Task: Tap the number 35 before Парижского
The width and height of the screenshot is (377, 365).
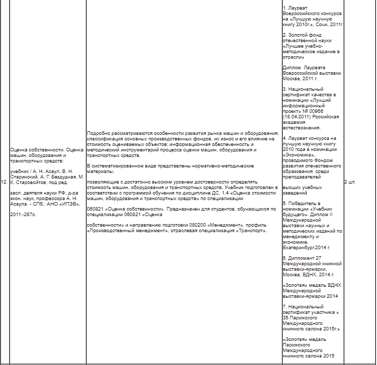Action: (286, 318)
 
